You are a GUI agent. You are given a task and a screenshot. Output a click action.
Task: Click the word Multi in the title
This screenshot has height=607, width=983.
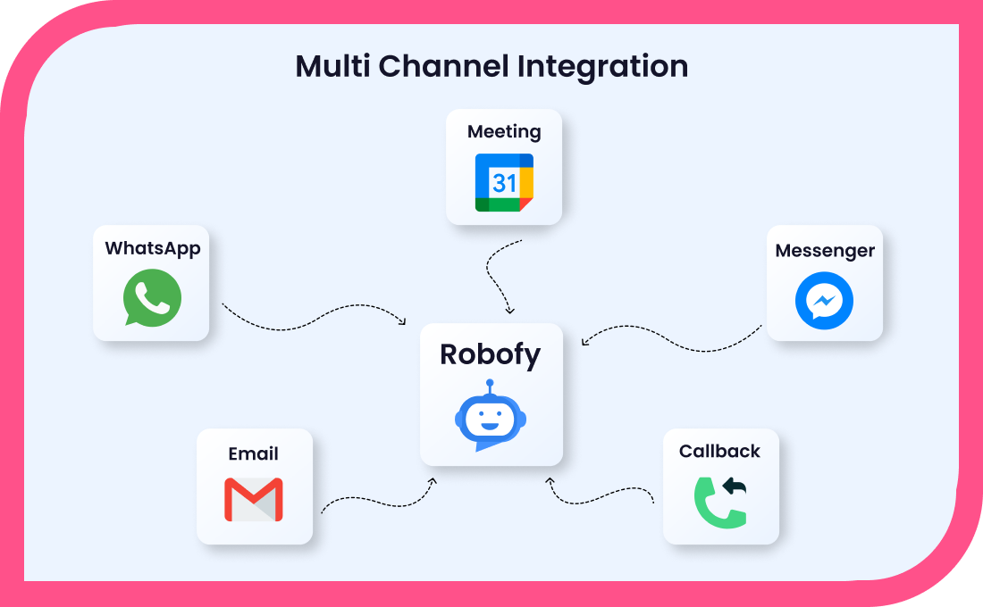333,66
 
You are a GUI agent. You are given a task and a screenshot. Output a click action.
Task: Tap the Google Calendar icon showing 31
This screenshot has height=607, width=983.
504,182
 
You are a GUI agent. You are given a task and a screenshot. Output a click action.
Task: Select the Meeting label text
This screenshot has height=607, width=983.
504,131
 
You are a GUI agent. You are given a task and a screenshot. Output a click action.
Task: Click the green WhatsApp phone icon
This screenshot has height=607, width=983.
152,298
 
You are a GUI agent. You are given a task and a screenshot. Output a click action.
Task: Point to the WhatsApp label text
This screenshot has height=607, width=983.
152,249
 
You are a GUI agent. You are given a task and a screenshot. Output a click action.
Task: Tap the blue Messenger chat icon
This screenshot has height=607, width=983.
825,301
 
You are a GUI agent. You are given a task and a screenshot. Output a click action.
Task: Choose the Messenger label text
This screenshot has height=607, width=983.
825,251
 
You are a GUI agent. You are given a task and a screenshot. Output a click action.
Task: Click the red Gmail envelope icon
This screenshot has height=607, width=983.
254,500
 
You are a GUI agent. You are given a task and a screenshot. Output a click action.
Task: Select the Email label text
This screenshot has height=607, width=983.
253,453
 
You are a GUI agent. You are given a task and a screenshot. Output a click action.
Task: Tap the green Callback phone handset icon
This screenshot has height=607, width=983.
719,503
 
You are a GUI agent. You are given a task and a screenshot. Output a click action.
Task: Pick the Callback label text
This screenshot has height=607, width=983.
719,451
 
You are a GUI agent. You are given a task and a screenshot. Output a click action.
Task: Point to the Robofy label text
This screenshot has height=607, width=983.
491,355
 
